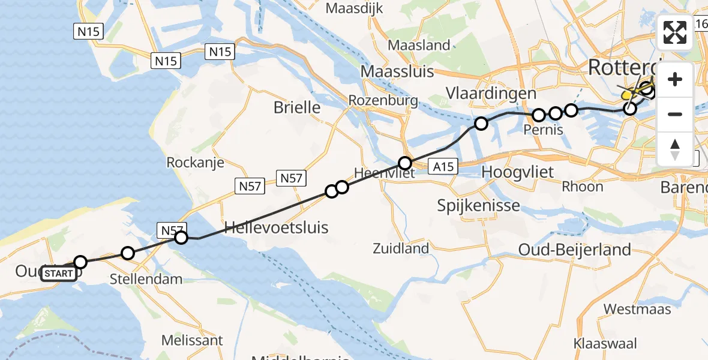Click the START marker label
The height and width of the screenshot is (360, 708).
tap(59, 274)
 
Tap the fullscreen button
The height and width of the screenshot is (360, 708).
tap(675, 32)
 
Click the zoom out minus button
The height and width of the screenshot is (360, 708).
tap(675, 114)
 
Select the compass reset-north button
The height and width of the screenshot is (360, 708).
tap(675, 149)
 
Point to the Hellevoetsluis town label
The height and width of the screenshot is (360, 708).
tap(268, 227)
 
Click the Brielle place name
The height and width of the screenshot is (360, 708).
tap(297, 108)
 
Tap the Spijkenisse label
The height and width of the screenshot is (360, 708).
tap(479, 206)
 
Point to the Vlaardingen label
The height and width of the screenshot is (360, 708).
tap(491, 94)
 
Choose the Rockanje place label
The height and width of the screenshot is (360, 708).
tap(195, 163)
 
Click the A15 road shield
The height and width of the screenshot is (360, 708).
tap(443, 167)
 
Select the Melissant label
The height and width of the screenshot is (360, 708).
tap(192, 340)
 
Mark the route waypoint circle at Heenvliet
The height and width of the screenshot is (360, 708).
tap(405, 163)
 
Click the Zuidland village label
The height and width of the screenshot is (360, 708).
tap(401, 248)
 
